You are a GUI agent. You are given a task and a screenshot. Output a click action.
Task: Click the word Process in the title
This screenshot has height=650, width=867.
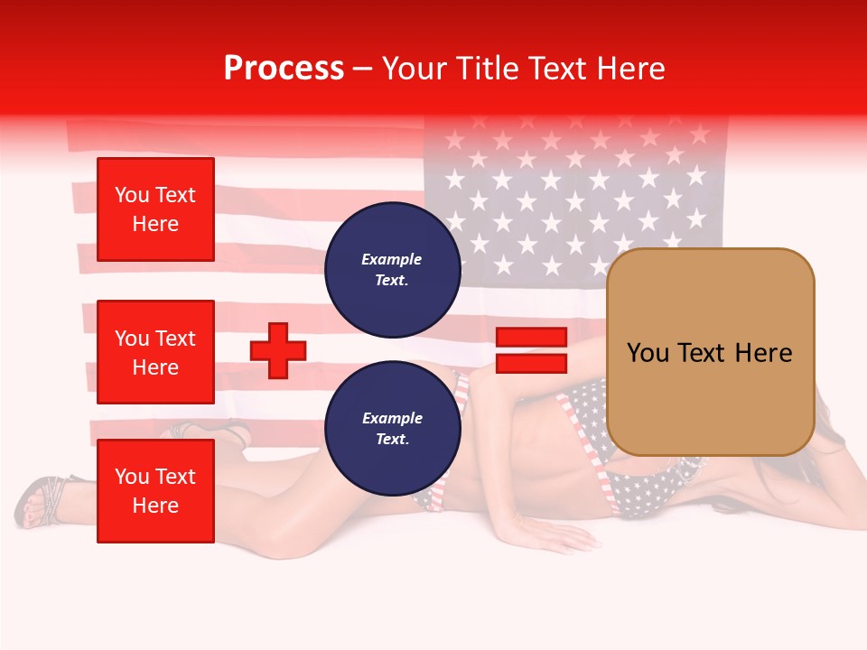click(x=284, y=69)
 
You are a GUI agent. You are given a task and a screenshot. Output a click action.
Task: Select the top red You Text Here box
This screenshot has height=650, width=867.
click(x=155, y=209)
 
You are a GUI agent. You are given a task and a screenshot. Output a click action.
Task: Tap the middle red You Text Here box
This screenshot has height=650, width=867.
click(x=155, y=352)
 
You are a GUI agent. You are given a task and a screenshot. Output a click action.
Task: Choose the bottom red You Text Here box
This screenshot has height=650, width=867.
click(x=155, y=490)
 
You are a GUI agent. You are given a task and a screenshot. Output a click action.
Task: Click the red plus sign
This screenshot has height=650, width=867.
click(x=278, y=350)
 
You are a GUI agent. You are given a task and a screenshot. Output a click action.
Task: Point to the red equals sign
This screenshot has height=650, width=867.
click(x=531, y=350)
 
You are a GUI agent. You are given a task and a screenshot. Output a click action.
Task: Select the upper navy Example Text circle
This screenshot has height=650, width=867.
click(x=392, y=269)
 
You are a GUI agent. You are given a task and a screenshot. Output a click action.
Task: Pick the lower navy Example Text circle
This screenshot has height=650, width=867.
click(x=392, y=429)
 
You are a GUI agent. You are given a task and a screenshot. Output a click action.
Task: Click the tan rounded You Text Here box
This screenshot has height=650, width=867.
click(x=710, y=352)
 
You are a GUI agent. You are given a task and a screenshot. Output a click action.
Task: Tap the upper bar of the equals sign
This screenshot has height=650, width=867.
click(x=531, y=337)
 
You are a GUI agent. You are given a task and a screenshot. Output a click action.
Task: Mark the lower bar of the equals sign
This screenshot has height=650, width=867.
click(x=531, y=363)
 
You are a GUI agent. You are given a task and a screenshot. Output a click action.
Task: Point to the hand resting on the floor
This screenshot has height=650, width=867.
click(x=560, y=536)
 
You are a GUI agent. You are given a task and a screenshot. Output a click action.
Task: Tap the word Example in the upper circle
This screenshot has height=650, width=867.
click(x=392, y=259)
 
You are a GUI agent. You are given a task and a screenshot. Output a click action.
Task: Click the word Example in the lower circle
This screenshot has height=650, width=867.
click(x=392, y=418)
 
